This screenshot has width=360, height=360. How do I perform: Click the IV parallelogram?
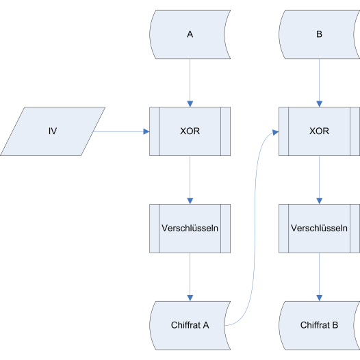[53, 131]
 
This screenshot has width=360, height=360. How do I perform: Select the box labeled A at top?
[190, 34]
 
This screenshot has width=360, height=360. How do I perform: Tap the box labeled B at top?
[319, 34]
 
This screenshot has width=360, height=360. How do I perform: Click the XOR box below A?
[190, 131]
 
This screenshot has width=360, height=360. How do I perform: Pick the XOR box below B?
[319, 131]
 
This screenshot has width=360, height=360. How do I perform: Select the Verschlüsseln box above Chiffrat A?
[190, 229]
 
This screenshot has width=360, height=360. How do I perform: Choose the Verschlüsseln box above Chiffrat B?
[319, 229]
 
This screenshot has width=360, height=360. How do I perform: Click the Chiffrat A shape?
[190, 325]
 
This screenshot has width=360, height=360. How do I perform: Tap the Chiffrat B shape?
[319, 325]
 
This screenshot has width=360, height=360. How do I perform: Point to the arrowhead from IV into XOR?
[146, 131]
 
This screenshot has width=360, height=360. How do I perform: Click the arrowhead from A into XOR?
[190, 104]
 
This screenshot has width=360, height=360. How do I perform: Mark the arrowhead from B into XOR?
[319, 104]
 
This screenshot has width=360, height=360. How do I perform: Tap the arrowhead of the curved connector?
[276, 133]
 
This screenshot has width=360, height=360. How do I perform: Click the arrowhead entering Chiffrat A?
[190, 298]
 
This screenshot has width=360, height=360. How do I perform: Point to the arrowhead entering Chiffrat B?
[319, 298]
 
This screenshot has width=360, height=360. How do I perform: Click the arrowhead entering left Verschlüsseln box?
[190, 201]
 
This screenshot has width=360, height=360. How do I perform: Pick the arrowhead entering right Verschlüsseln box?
[319, 201]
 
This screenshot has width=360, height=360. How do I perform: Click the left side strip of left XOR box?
[154, 131]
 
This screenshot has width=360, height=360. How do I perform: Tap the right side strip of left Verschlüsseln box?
[225, 229]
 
